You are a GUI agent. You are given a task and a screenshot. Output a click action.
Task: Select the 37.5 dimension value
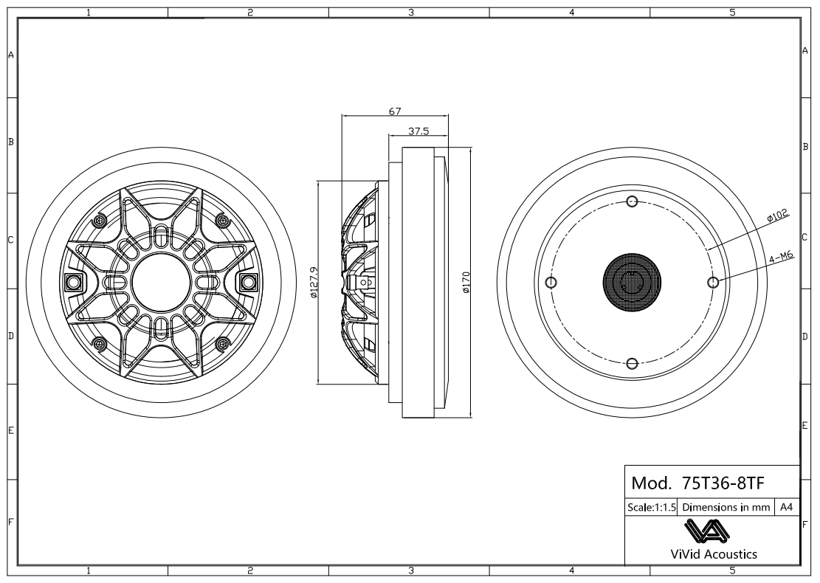pyautogui.click(x=418, y=131)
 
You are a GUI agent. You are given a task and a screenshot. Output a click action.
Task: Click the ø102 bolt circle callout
pyautogui.click(x=778, y=215)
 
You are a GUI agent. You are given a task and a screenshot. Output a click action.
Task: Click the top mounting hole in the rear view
pyautogui.click(x=631, y=202)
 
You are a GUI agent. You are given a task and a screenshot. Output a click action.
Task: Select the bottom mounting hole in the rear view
pyautogui.click(x=631, y=362)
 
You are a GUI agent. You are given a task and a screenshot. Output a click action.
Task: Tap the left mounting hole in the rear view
pyautogui.click(x=551, y=283)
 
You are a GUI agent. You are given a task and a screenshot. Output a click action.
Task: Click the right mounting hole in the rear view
pyautogui.click(x=712, y=283)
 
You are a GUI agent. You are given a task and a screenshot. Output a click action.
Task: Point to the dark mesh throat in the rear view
pyautogui.click(x=631, y=283)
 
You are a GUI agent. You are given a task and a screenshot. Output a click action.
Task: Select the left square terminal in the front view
pyautogui.click(x=73, y=282)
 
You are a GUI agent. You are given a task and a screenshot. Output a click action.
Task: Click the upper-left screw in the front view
pyautogui.click(x=100, y=220)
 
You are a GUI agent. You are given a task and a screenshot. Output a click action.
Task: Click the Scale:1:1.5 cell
pyautogui.click(x=651, y=508)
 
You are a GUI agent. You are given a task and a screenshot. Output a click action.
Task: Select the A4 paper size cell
pyautogui.click(x=786, y=508)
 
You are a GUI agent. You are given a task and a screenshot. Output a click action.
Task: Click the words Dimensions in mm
pyautogui.click(x=727, y=508)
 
